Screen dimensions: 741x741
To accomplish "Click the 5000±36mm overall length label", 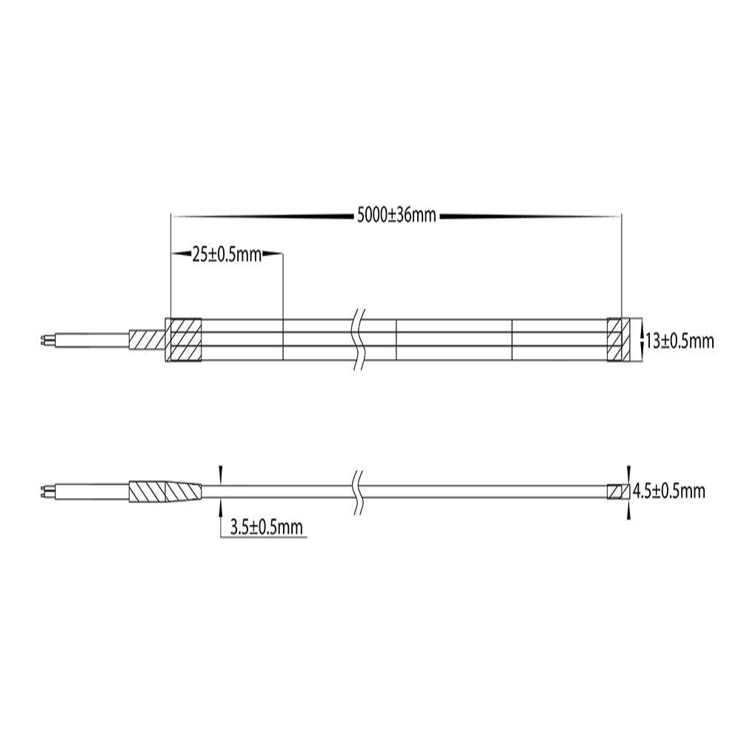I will point(396,216).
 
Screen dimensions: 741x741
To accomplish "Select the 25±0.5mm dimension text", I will point(227,255).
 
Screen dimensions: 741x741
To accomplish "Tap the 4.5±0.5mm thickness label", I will point(669,491).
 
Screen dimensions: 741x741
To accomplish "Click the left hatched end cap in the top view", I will point(182,341).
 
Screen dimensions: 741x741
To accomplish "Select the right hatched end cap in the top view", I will point(617,341).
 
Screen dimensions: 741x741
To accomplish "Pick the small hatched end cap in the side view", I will point(617,491).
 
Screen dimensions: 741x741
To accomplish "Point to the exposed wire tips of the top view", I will point(45,341).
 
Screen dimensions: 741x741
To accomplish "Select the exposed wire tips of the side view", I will point(45,491).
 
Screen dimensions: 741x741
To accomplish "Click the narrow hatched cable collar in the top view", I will point(146,341).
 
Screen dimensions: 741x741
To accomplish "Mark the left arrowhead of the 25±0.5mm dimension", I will point(178,255).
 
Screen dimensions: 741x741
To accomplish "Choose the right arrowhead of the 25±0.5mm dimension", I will point(276,255).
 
